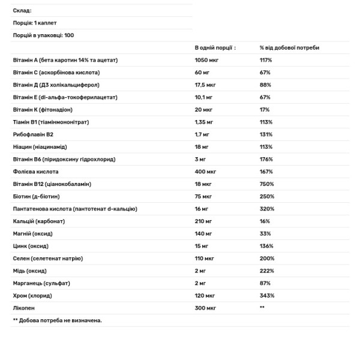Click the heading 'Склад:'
tap(22, 11)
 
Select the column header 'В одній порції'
tap(214, 47)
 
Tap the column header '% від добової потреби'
tap(289, 47)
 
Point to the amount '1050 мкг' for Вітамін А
tap(206, 60)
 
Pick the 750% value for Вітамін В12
tap(266, 184)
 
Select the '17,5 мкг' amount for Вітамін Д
tap(206, 85)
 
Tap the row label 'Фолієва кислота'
tap(35, 172)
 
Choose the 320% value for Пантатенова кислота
tap(266, 209)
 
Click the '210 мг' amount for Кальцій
tap(203, 221)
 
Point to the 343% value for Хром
tap(266, 295)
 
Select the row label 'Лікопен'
tap(24, 308)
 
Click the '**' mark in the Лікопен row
tap(262, 308)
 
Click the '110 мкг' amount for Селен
tap(205, 258)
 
